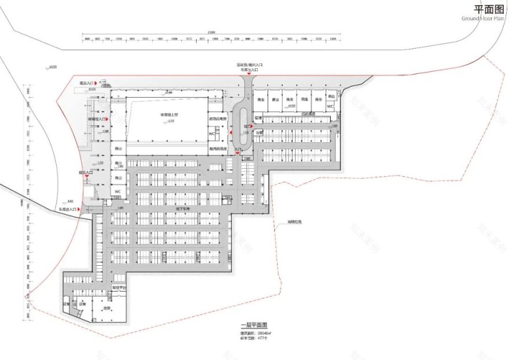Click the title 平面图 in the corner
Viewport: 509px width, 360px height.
click(487, 9)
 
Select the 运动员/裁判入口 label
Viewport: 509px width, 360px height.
click(249, 65)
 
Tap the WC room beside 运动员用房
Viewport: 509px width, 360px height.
click(212, 134)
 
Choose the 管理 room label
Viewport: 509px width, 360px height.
click(258, 118)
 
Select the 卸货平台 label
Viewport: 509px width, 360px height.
click(118, 287)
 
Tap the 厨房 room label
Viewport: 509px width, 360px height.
click(106, 308)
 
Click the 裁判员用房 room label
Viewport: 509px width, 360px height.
click(217, 149)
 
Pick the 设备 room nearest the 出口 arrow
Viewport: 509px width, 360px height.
click(258, 132)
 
